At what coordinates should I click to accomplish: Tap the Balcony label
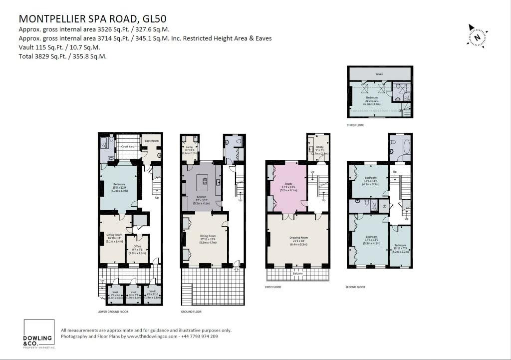(x=297, y=274)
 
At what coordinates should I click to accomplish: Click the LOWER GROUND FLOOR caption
(x=113, y=312)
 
